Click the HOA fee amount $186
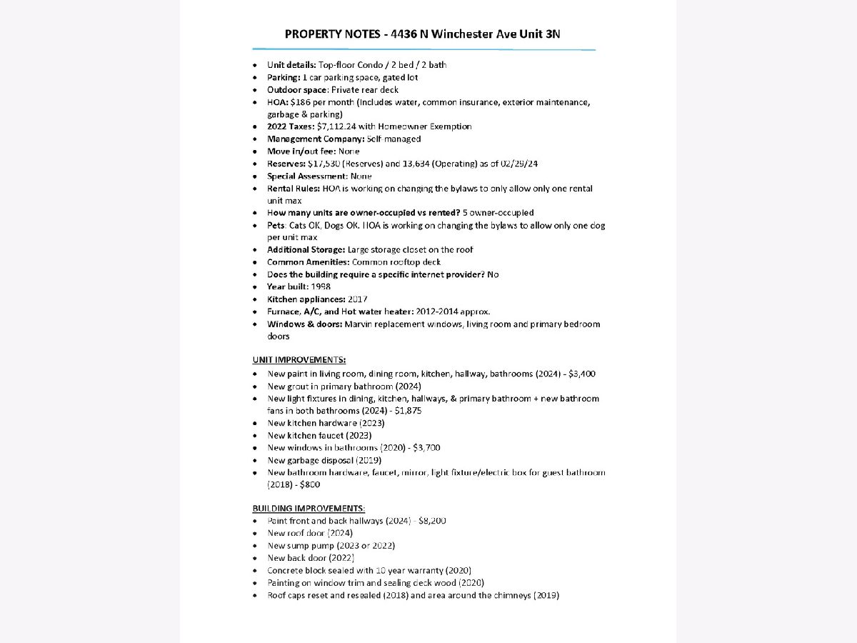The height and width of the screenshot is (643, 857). pyautogui.click(x=301, y=102)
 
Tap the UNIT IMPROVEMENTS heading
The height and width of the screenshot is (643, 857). pyautogui.click(x=299, y=359)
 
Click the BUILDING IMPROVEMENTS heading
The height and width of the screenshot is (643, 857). pyautogui.click(x=309, y=508)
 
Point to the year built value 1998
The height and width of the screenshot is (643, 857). pyautogui.click(x=321, y=286)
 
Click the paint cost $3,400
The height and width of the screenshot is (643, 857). pyautogui.click(x=582, y=374)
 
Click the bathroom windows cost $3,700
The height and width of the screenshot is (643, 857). pyautogui.click(x=426, y=448)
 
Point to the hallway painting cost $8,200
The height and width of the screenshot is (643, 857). pyautogui.click(x=432, y=521)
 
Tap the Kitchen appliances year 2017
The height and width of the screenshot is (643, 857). pyautogui.click(x=358, y=299)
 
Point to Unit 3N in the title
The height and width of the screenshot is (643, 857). pyautogui.click(x=548, y=34)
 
